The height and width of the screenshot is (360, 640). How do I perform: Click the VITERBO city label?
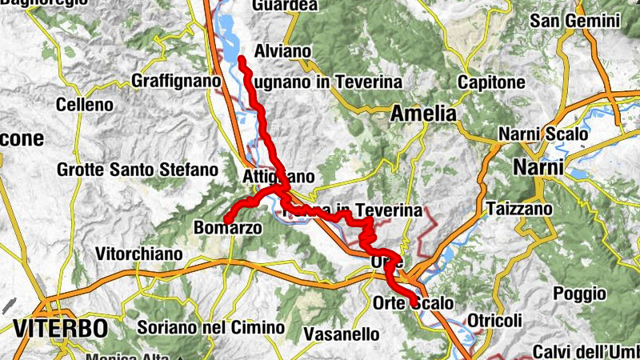[x=60, y=327]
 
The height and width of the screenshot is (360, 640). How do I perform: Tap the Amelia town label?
[x=423, y=114]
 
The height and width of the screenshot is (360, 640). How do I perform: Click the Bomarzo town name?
[x=228, y=228]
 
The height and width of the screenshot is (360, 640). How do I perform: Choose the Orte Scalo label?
[x=413, y=303]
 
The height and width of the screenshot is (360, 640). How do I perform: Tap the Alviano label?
[x=282, y=51]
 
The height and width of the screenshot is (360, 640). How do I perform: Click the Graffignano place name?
[x=176, y=81]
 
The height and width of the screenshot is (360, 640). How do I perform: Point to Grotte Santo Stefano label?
[x=138, y=170]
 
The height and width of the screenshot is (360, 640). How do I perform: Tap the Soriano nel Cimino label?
[x=210, y=327]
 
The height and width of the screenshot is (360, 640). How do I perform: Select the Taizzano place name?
[x=519, y=209]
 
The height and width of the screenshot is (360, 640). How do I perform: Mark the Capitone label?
[x=491, y=82]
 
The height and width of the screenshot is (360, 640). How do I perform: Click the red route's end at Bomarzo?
[x=226, y=218]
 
